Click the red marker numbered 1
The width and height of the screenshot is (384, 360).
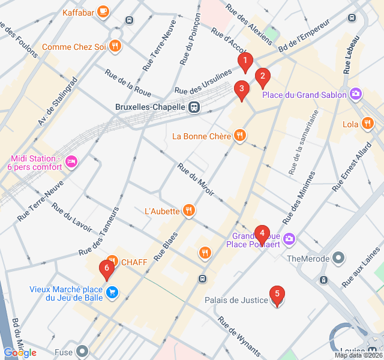pyautogui.click(x=245, y=61)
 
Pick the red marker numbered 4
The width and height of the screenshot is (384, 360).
pyautogui.click(x=262, y=234)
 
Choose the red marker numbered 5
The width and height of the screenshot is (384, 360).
pyautogui.click(x=277, y=295)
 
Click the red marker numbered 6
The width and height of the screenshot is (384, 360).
pyautogui.click(x=107, y=269)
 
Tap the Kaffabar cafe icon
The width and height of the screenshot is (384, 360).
pyautogui.click(x=103, y=11)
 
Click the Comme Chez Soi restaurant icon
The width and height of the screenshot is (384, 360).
pyautogui.click(x=116, y=46)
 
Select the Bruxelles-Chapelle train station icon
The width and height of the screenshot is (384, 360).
pyautogui.click(x=194, y=108)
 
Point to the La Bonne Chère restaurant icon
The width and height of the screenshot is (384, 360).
pyautogui.click(x=240, y=136)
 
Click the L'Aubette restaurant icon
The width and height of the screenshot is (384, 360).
pyautogui.click(x=189, y=210)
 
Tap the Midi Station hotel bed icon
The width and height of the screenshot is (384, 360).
pyautogui.click(x=71, y=162)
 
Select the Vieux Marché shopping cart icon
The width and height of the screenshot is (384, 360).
pyautogui.click(x=112, y=293)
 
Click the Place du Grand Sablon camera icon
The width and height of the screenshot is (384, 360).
pyautogui.click(x=356, y=94)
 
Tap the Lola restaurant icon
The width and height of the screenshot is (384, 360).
pyautogui.click(x=367, y=124)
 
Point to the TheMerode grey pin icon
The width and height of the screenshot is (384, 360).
pyautogui.click(x=339, y=258)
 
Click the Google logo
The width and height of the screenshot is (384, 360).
pyautogui.click(x=20, y=353)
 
